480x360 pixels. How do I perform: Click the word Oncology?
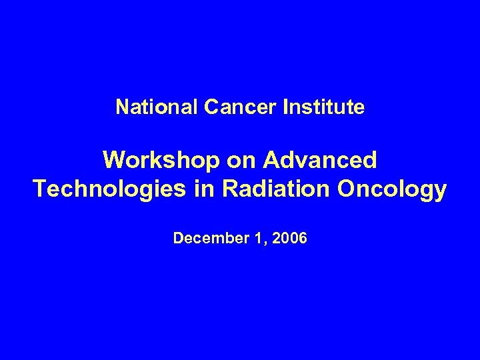pos(393,190)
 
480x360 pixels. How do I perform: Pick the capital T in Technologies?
pos(40,190)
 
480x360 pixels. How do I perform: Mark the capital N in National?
pos(121,107)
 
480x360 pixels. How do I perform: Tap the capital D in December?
pos(177,237)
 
